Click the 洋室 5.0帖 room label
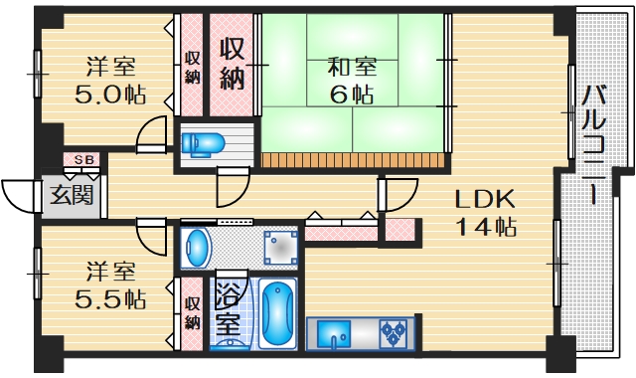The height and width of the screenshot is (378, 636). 109,82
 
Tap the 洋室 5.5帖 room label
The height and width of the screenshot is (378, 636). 109,284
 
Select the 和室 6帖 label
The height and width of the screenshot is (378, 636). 351,82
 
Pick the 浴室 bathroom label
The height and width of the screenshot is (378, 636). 229,309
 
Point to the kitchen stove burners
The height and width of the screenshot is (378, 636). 396,332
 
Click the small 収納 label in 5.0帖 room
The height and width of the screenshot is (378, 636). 192,64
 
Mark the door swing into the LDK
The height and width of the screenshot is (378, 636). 397,194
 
